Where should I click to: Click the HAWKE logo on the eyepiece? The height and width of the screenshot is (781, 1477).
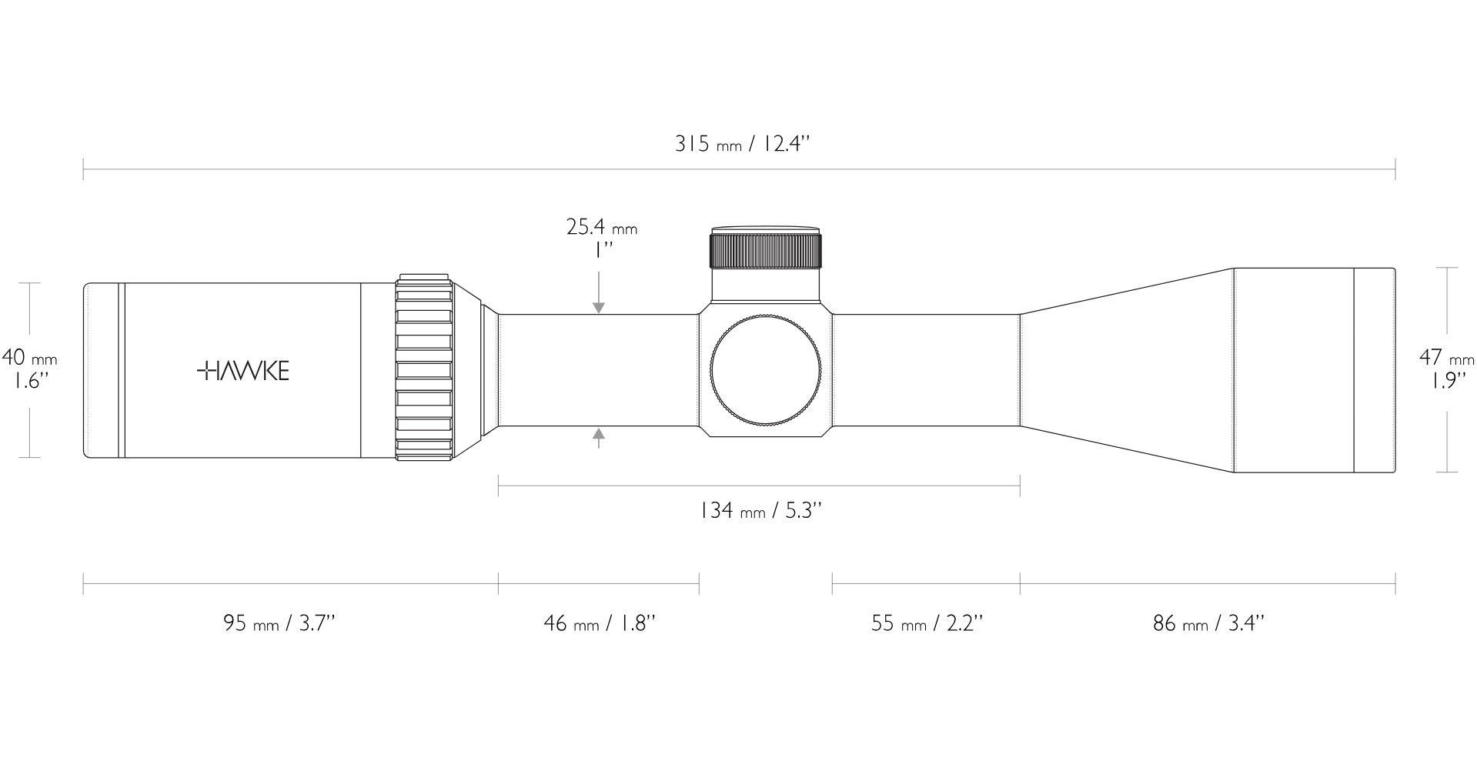tap(243, 372)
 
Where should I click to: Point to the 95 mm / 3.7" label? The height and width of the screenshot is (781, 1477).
tap(279, 622)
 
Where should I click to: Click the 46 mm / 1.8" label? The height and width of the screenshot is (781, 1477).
tap(600, 622)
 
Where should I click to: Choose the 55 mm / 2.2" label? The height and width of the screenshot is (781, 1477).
tap(927, 622)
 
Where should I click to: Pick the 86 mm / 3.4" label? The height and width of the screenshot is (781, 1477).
tap(1208, 622)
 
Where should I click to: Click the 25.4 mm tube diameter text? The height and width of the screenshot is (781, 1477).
tap(602, 227)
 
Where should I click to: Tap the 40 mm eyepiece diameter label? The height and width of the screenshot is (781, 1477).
tap(29, 358)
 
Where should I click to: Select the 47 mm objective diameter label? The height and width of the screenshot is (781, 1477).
tap(1447, 358)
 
